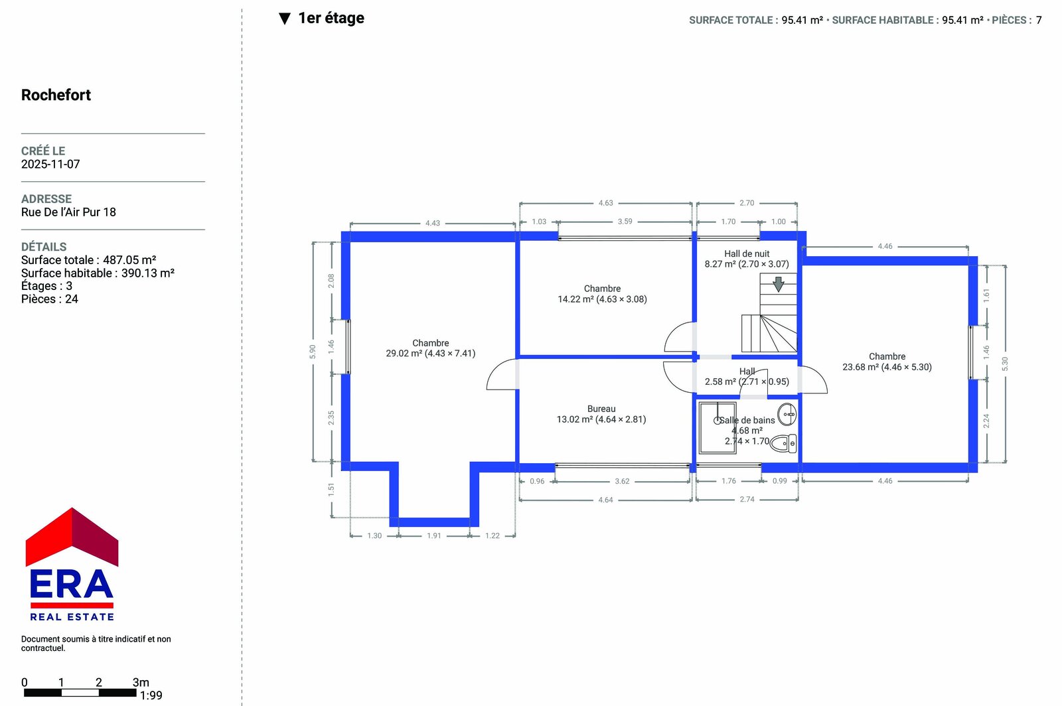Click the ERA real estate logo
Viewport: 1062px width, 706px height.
72,564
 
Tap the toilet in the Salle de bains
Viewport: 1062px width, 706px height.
783,443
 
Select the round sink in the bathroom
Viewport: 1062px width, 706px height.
787,415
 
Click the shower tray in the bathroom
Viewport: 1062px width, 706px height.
718,428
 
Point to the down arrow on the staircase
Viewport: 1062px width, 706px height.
778,284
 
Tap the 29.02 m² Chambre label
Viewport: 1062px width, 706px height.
431,348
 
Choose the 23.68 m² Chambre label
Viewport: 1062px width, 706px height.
887,362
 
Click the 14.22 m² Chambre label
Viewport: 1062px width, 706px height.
602,294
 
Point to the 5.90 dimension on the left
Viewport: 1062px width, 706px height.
313,352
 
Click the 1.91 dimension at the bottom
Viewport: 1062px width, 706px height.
434,535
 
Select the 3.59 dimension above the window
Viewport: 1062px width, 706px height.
625,221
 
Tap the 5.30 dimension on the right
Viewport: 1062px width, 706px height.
1005,364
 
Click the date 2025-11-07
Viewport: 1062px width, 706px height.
50,164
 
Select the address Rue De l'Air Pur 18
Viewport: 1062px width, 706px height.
68,212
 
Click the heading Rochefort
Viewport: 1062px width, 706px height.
56,95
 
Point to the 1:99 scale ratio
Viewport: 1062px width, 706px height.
151,695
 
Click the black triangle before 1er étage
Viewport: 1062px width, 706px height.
285,19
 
